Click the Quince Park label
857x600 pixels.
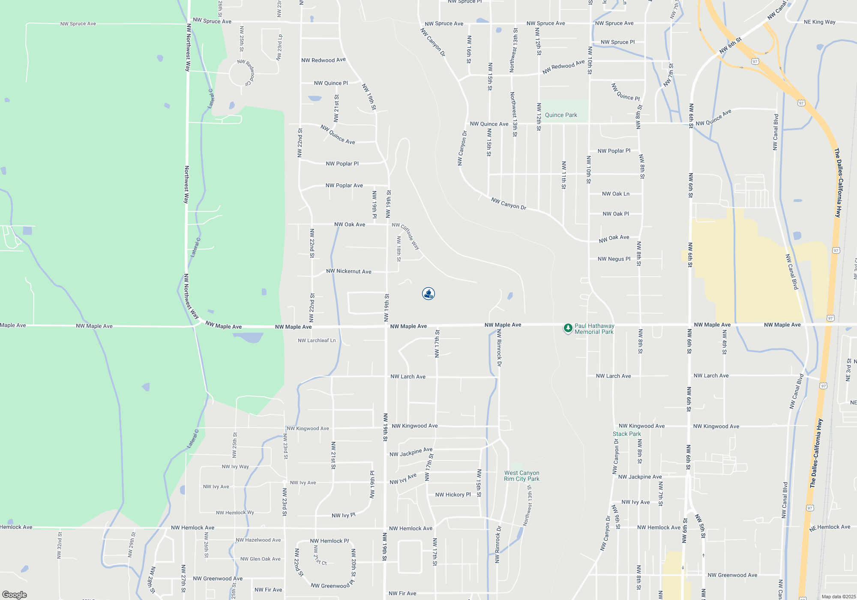pyautogui.click(x=561, y=115)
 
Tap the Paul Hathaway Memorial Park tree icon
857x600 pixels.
pyautogui.click(x=568, y=328)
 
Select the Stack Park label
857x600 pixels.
pyautogui.click(x=626, y=434)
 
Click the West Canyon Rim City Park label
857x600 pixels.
pyautogui.click(x=521, y=476)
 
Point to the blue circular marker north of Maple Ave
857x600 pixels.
pyautogui.click(x=428, y=294)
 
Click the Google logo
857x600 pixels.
pyautogui.click(x=15, y=595)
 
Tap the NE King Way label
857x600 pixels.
pyautogui.click(x=819, y=22)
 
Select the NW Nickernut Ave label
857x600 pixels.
pyautogui.click(x=348, y=271)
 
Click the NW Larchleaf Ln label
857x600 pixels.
pyautogui.click(x=317, y=341)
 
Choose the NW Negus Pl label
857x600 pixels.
pyautogui.click(x=614, y=259)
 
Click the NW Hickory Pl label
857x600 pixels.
pyautogui.click(x=452, y=495)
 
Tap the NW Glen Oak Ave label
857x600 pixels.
pyautogui.click(x=260, y=559)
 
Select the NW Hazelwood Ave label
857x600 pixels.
pyautogui.click(x=258, y=540)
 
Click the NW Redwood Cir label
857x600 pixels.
pyautogui.click(x=247, y=72)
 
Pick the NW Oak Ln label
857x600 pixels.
pyautogui.click(x=615, y=194)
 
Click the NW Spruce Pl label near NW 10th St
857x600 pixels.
pyautogui.click(x=617, y=42)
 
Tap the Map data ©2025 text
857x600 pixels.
pyautogui.click(x=838, y=597)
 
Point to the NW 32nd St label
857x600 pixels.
pyautogui.click(x=60, y=545)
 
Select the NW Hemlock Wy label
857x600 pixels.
pyautogui.click(x=235, y=513)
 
